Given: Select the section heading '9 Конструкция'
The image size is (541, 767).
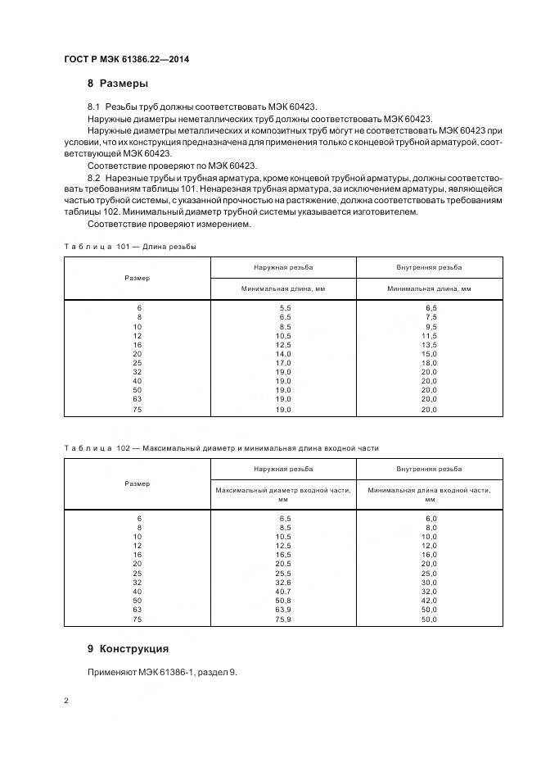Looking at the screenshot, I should click(128, 648).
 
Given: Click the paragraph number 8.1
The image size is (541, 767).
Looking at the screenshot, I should click(93, 107).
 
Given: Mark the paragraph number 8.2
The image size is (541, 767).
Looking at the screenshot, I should click(93, 177).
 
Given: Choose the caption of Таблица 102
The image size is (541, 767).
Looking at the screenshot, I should click(221, 448).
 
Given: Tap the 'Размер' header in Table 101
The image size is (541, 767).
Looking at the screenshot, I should click(138, 278).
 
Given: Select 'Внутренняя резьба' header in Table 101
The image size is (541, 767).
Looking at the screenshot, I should click(429, 267).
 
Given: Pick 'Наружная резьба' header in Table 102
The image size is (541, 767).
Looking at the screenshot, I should click(284, 469).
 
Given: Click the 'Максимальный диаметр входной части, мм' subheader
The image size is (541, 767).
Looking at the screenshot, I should click(284, 494).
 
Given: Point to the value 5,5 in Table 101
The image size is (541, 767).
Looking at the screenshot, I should click(284, 306).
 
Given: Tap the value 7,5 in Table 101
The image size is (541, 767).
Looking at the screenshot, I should click(429, 316).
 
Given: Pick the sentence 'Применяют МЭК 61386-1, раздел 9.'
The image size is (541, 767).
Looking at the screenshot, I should click(162, 672).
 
